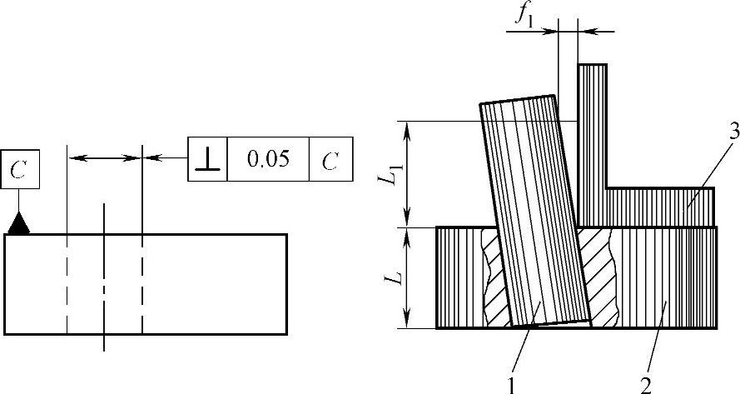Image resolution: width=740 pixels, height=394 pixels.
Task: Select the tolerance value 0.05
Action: point(267,158)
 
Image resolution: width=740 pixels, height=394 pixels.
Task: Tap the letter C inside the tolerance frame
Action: point(330,159)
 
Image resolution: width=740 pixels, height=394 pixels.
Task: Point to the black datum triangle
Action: point(19,223)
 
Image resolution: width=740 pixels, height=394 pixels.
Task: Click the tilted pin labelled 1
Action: point(533,217)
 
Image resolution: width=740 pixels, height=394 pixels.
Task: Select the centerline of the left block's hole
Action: point(104,275)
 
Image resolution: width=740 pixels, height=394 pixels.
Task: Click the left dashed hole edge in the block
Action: point(67,283)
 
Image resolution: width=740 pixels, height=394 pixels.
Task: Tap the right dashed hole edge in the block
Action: point(142,283)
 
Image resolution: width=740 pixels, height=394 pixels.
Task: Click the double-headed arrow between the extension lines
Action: point(105,157)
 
